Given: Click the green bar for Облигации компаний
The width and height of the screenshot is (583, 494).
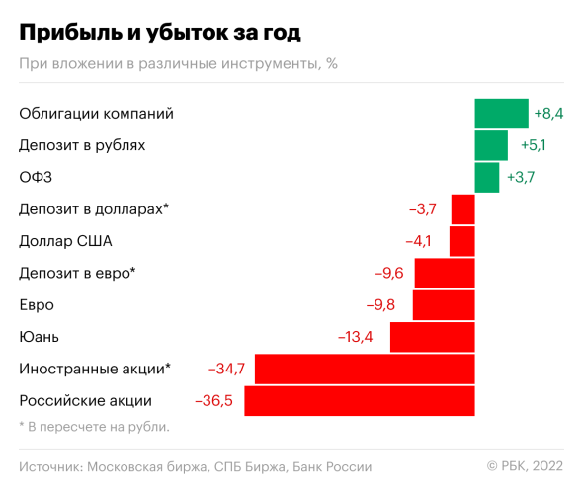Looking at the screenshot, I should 502,114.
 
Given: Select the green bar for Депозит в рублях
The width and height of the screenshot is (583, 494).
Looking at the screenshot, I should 491,145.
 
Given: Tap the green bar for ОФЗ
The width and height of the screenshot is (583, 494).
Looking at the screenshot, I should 487,178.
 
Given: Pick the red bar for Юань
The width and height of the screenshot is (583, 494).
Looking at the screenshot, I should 433,337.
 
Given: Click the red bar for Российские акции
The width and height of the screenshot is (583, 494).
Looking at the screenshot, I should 360,401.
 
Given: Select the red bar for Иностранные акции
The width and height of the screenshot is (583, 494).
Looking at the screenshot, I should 365,370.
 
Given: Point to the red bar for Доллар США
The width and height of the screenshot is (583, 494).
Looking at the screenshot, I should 462,241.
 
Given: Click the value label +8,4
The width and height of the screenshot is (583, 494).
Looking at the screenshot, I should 548,114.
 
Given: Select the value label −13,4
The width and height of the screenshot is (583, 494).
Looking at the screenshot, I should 356,337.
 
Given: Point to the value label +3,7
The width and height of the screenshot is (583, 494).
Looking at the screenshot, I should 521,178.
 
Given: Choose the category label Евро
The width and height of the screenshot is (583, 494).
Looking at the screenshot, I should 37,305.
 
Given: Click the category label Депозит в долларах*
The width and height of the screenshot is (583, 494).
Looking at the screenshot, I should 94,209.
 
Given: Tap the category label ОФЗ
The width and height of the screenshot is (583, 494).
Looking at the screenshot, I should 36,178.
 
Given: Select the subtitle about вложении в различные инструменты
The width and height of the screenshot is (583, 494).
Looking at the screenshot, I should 178,64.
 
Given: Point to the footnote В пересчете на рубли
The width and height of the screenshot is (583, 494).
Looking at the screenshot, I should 95,427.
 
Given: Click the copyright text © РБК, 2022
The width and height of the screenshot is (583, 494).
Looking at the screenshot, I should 525,466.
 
